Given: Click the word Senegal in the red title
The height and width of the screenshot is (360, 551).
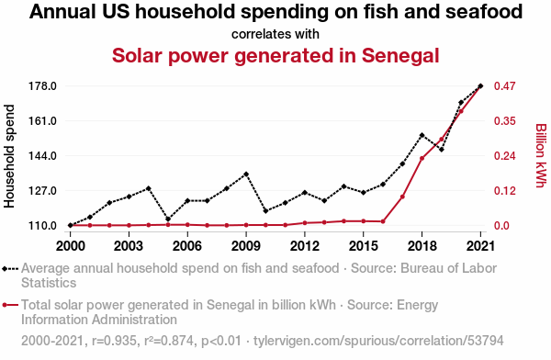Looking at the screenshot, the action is [400, 55].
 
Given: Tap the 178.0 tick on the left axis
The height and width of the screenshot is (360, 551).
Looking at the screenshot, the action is [42, 85].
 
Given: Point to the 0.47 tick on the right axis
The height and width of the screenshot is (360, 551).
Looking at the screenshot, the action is [504, 85].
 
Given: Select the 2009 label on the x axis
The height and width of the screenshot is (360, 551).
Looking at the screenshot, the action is [245, 246].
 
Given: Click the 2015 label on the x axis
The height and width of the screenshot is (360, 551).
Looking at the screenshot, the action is [364, 246].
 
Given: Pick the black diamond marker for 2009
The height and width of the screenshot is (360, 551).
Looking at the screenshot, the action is [246, 174].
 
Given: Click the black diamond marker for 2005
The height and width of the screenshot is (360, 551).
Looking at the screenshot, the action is [168, 219].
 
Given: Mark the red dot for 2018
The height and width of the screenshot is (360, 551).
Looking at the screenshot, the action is [422, 158].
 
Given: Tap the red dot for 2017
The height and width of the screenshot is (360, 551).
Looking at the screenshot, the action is [403, 197].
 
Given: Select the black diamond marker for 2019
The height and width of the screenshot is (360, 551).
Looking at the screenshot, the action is [442, 150].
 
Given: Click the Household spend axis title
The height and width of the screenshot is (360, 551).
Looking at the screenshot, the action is [9, 156].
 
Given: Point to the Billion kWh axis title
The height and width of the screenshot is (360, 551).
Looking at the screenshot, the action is [541, 155].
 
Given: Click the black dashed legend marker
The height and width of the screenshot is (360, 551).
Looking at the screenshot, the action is [10, 269].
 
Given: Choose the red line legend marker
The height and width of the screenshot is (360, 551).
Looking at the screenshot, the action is [10, 305].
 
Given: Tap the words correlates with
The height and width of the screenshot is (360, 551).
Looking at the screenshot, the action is [275, 34].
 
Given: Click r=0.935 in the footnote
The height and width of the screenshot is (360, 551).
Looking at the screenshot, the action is [114, 341].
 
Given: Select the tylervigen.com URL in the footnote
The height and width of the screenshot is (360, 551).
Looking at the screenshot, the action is [378, 341].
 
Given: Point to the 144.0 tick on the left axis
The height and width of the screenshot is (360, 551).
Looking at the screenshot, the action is [42, 156].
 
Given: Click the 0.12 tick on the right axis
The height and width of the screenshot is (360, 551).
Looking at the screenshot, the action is [504, 190].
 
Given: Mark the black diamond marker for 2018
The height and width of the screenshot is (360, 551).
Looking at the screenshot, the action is [422, 135].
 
